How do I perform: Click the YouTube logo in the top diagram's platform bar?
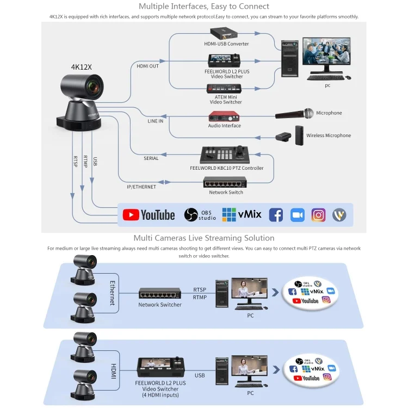(149, 215)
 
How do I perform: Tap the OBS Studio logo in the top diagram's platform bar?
(200, 215)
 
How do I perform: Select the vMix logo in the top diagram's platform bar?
(242, 214)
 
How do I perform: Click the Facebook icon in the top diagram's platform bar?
(276, 215)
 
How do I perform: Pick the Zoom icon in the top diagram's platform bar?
(297, 215)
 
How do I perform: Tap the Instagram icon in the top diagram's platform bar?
(318, 215)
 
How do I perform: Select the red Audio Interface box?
(224, 116)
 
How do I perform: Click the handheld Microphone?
(294, 114)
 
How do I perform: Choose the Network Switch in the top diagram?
(226, 182)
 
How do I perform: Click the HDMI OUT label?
(148, 66)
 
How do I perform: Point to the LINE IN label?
(155, 121)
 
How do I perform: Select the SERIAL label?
(151, 158)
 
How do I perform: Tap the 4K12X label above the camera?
(82, 67)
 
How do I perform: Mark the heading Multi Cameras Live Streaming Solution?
(204, 238)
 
